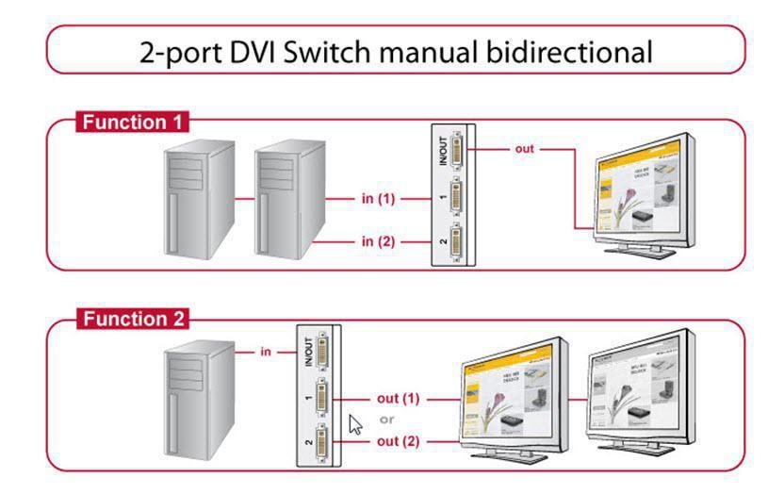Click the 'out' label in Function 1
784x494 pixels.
[x=524, y=149]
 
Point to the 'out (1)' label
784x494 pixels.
[x=397, y=398]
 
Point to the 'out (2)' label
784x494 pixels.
[x=397, y=440]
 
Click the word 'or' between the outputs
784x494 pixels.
[x=386, y=420]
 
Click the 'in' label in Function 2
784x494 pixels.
[x=267, y=352]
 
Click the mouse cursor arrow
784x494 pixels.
[x=356, y=423]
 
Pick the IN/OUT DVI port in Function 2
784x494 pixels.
[x=320, y=354]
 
